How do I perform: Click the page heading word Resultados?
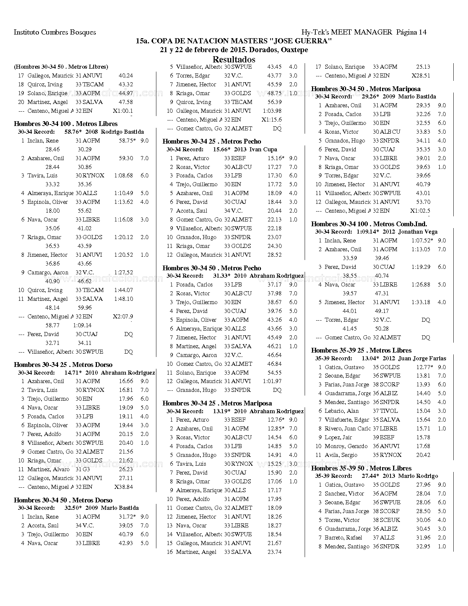click(234, 59)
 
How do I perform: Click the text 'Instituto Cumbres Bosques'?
click(55, 32)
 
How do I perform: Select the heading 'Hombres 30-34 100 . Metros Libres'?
click(65, 124)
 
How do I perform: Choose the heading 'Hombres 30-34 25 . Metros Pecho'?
click(212, 141)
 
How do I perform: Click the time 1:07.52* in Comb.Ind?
click(422, 241)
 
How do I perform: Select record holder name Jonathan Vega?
click(418, 232)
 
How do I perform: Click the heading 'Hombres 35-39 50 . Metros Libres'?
click(361, 468)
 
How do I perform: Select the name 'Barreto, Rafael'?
click(343, 538)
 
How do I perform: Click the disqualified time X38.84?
click(123, 487)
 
